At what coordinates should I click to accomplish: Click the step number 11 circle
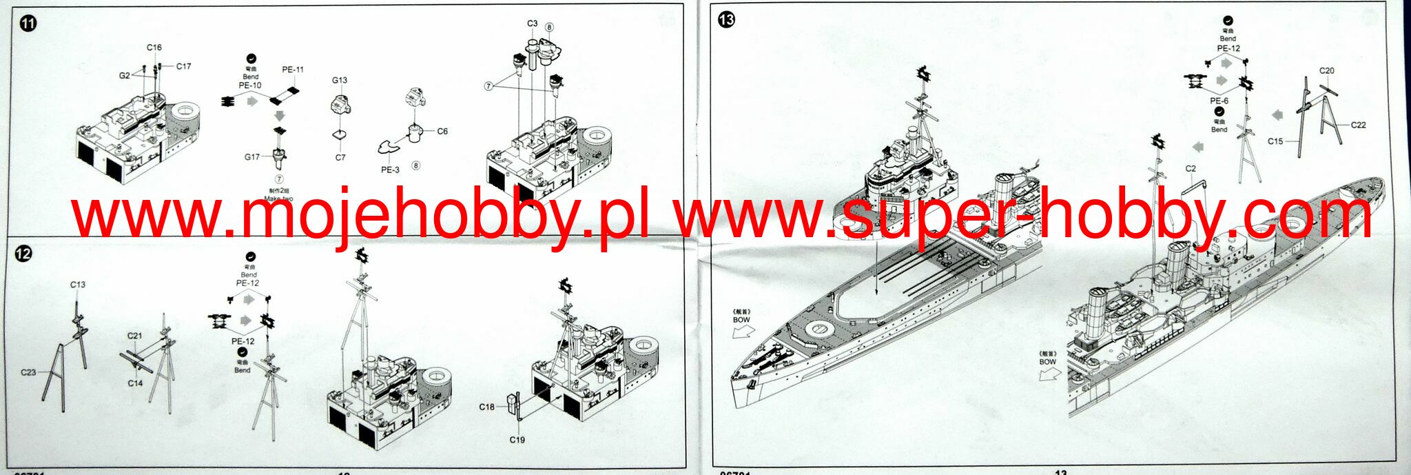coord(28,23)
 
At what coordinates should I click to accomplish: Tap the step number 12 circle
coord(23,254)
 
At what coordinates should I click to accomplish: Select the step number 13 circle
coord(726,19)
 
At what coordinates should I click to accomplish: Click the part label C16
coord(154,48)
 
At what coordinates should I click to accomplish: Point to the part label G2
coord(125,75)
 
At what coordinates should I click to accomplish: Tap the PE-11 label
coord(293,70)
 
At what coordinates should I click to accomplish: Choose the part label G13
coord(340,80)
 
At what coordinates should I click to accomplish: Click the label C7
coord(340,157)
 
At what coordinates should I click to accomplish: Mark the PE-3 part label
coord(390,170)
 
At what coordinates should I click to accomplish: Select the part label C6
coord(442,131)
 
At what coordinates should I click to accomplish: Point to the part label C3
coord(533,23)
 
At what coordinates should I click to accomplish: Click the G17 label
coord(252,156)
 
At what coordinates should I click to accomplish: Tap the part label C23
coord(28,372)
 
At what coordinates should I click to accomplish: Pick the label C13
coord(78,284)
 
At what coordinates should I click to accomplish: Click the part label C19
coord(517,439)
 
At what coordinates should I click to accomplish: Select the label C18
coord(486,407)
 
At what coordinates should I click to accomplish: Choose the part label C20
coord(1326,70)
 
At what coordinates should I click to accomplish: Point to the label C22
coord(1358,125)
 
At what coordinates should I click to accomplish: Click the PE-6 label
coord(1219,101)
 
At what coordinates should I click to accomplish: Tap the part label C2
coord(1191,168)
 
